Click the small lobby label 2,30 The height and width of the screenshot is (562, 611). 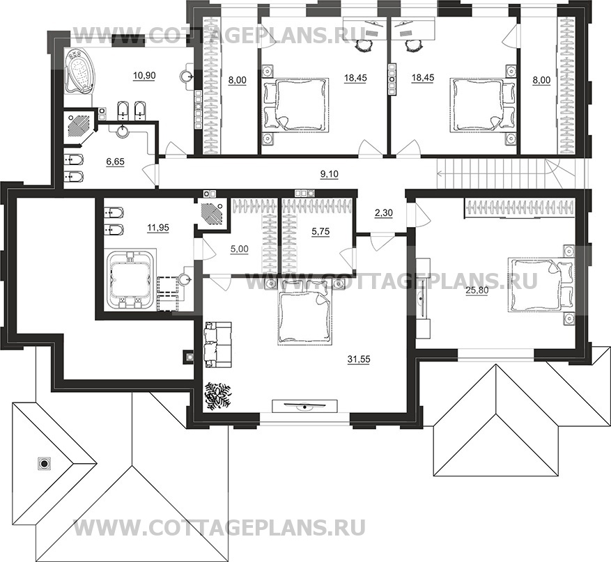click(x=382, y=214)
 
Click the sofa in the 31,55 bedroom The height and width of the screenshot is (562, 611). click(x=211, y=343)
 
